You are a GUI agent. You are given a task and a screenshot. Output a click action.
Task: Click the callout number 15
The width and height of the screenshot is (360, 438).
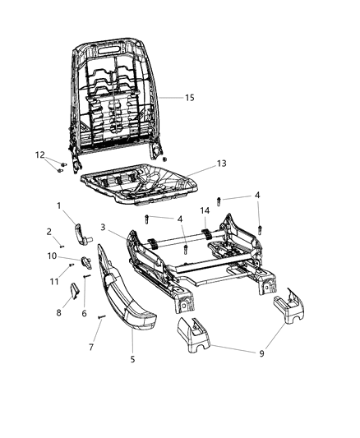click(189, 98)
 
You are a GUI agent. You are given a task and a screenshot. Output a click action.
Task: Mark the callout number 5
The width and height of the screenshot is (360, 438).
click(131, 357)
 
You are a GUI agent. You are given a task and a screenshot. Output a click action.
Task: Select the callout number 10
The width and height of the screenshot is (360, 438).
click(51, 256)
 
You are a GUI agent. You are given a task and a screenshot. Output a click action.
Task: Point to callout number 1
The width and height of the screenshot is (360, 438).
click(58, 205)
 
